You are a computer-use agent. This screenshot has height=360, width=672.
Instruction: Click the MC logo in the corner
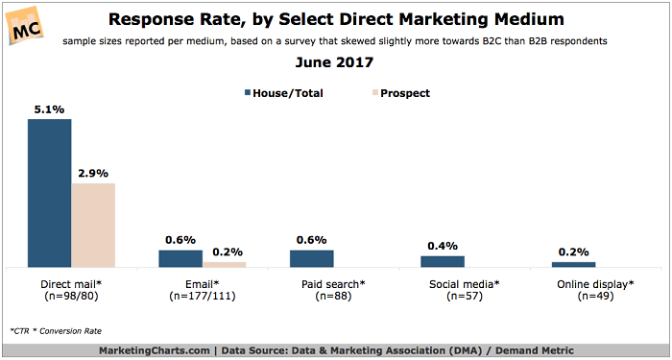28,27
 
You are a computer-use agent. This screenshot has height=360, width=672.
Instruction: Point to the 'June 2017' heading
337,64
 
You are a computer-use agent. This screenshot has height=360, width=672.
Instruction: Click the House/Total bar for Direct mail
49,193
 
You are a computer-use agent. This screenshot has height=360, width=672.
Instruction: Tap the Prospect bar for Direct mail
93,225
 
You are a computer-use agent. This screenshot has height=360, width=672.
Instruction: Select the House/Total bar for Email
180,258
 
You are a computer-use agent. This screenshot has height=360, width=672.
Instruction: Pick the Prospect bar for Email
225,264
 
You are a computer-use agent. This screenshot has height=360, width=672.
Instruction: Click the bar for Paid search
312,258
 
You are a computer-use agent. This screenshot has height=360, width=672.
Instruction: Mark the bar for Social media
443,261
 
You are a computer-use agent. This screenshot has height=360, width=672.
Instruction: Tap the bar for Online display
574,264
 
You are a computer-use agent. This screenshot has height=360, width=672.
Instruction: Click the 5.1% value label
49,109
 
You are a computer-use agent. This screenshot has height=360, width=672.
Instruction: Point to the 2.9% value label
93,173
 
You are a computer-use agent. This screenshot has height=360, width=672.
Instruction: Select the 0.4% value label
443,245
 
